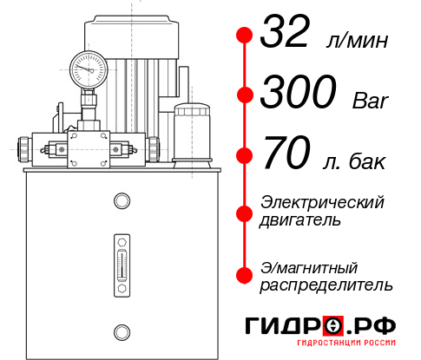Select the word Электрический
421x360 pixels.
coord(322,203)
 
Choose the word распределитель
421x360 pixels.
coord(326,285)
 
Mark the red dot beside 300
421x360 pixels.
coord(245,94)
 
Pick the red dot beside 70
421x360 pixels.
coord(245,156)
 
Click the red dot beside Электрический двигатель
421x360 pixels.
coord(245,212)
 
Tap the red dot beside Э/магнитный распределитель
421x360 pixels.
coord(245,275)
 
